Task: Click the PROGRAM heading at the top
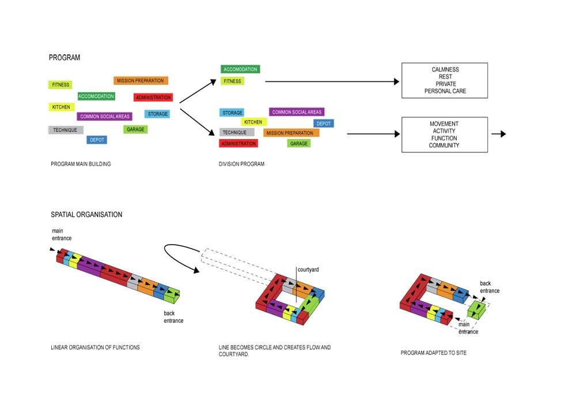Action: coord(65,58)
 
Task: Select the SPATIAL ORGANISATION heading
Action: coord(86,215)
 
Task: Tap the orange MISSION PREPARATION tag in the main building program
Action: coord(141,81)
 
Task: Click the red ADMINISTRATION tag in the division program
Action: coord(238,143)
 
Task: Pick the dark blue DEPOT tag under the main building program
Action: coord(97,140)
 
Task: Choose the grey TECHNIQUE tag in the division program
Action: coord(235,133)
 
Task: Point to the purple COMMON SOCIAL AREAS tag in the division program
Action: coord(297,112)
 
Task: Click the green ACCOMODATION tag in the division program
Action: coord(240,69)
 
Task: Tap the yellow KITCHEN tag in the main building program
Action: coord(61,107)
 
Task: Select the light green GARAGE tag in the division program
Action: coord(299,143)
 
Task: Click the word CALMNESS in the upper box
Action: coord(445,70)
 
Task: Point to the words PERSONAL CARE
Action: coord(445,91)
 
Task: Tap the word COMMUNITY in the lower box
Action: coord(444,145)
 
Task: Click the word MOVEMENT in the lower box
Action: coord(444,124)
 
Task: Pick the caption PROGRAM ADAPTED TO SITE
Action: coord(434,353)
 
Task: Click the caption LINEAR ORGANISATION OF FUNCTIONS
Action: coord(95,347)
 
